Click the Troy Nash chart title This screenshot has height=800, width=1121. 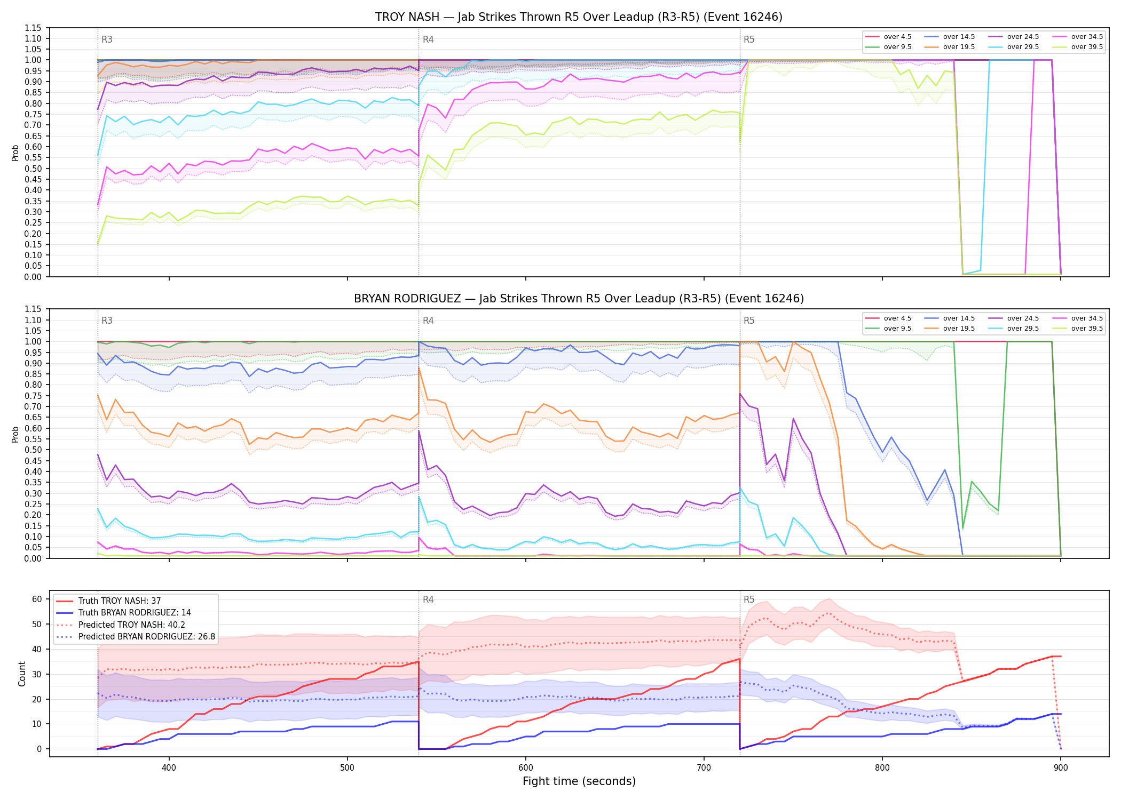[x=579, y=17]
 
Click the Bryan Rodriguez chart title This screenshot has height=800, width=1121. [x=579, y=299]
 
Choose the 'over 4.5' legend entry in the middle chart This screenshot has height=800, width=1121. [x=888, y=318]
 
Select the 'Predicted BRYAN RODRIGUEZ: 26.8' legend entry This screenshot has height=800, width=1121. [x=136, y=637]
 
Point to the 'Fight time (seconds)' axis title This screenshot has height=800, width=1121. [x=579, y=781]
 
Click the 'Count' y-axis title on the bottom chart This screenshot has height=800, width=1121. [x=22, y=674]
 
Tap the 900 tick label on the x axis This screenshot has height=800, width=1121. [x=1061, y=768]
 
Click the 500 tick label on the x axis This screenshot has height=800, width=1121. [x=348, y=768]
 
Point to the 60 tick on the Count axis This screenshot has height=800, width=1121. [x=37, y=599]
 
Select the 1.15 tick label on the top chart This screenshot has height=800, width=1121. [x=33, y=28]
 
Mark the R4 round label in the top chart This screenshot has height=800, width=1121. [x=428, y=39]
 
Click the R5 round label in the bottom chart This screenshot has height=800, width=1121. [x=749, y=599]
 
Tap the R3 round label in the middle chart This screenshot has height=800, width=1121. [x=107, y=321]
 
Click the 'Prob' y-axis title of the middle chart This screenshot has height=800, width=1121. [x=15, y=434]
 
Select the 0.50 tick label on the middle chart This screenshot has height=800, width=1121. [x=33, y=450]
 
